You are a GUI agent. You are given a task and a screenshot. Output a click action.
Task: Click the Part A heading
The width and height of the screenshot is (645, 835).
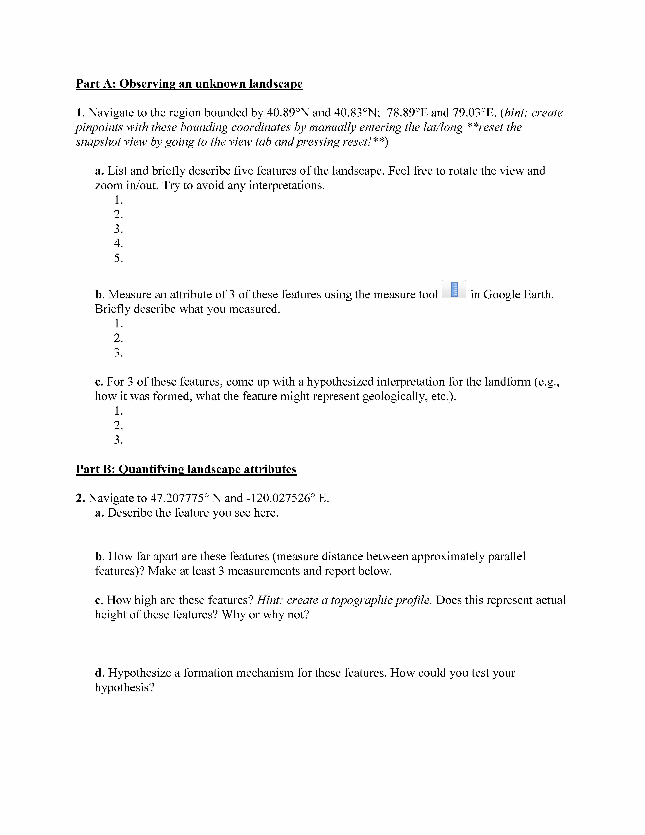point(189,84)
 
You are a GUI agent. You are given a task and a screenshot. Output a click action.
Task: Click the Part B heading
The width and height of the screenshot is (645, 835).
point(186,469)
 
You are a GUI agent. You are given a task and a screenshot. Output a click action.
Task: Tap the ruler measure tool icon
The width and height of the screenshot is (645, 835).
point(454,289)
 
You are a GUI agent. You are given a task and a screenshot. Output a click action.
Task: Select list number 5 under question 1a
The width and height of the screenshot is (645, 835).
point(118,258)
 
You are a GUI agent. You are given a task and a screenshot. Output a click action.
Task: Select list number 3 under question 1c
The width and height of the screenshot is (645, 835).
point(118,440)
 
